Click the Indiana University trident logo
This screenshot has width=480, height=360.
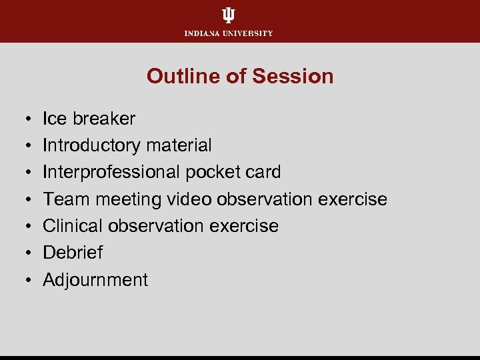point(229,15)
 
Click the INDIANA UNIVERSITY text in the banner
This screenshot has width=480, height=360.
point(229,33)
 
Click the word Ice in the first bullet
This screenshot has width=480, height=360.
point(55,119)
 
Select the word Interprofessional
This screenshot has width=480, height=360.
point(111,172)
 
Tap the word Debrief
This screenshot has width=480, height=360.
point(73,253)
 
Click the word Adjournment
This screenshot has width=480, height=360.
point(95,280)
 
